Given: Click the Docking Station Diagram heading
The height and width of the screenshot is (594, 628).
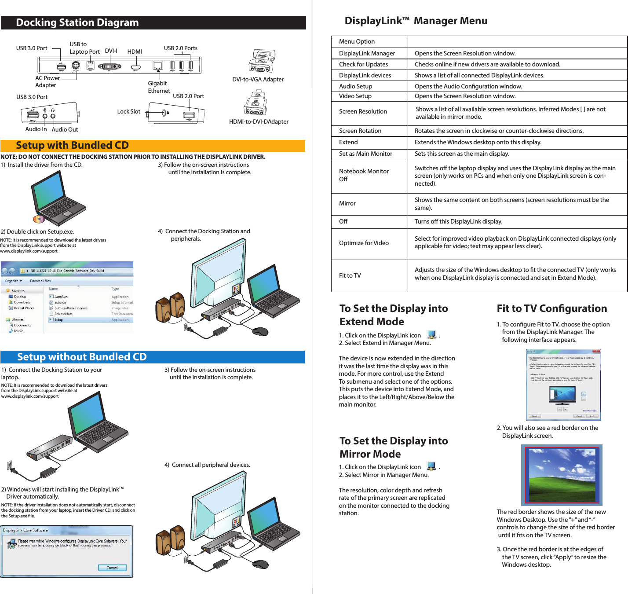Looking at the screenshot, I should (x=77, y=22).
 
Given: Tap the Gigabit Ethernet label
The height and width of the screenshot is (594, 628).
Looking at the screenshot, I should (x=158, y=87).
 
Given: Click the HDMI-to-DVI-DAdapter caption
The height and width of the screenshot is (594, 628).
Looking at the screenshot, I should (x=259, y=121).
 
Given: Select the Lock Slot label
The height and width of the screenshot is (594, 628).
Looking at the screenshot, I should (x=128, y=111).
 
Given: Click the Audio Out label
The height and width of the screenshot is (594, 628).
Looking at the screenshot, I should (x=65, y=129).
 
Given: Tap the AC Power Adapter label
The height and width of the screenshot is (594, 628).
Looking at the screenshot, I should (x=47, y=81).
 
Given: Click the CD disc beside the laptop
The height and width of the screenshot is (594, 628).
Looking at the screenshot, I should (x=39, y=219).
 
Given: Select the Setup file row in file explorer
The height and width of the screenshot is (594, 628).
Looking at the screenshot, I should (x=58, y=320).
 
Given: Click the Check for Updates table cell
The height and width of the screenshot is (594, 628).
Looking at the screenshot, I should (x=363, y=64).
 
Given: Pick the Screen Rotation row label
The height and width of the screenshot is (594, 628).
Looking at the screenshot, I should (x=360, y=131).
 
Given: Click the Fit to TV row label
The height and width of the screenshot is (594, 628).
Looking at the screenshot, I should (x=350, y=275).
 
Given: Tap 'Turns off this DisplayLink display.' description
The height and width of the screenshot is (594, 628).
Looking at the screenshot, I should (x=458, y=221).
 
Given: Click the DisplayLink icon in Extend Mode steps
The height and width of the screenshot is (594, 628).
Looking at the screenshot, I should (x=431, y=335).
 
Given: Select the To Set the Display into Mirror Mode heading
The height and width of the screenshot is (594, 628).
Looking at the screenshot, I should (x=393, y=447).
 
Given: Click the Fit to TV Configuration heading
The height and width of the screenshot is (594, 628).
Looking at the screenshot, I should (x=551, y=308).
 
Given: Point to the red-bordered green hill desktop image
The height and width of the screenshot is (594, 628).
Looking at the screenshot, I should (x=562, y=475).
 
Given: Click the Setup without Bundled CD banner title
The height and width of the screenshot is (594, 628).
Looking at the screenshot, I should (x=82, y=357).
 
